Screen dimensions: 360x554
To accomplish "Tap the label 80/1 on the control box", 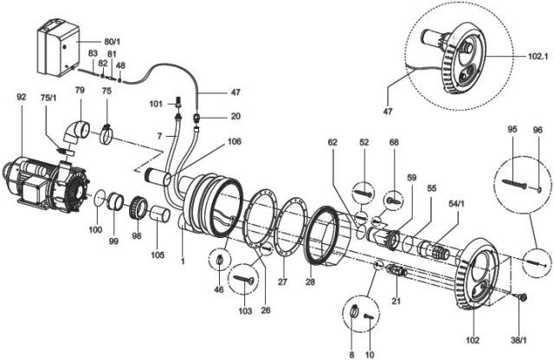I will tap(88, 40).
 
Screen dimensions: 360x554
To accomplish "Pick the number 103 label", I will tap(245, 309).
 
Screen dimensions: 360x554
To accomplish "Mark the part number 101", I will tap(155, 104).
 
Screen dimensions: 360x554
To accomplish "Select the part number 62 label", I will tap(332, 140).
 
